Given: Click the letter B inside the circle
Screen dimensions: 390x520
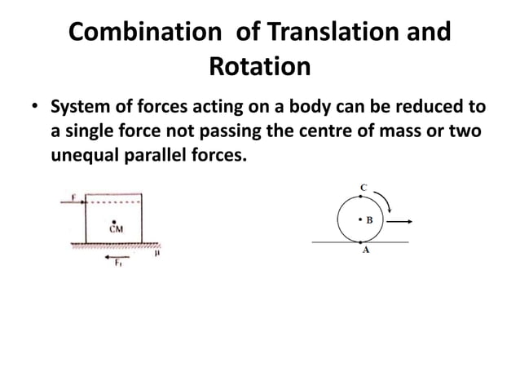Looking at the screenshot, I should (368, 219).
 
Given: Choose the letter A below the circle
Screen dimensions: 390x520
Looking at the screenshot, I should (365, 252).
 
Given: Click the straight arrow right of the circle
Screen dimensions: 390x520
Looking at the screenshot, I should (399, 220).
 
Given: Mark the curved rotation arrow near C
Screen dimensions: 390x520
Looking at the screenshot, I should (387, 202).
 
